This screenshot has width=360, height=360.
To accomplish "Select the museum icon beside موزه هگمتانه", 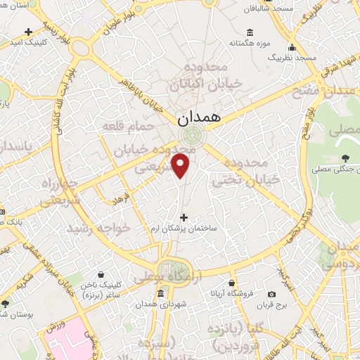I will point(250,32).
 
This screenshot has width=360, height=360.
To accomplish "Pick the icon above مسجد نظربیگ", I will point(292,48).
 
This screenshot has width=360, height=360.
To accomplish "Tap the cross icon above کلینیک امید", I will point(28,32).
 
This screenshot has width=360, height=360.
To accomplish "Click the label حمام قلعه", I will point(128,125).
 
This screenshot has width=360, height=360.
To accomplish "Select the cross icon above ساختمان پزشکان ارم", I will point(184,218).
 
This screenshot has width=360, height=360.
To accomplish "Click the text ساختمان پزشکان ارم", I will point(184,230).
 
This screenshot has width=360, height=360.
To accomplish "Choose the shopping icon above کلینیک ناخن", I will point(101,274).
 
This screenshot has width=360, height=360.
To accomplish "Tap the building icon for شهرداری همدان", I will point(160,293).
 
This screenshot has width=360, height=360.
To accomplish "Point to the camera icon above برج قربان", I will point(272,295).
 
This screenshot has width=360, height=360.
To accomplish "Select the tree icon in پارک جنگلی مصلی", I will point(345,158).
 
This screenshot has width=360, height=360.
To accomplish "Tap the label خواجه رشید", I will point(99,229).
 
